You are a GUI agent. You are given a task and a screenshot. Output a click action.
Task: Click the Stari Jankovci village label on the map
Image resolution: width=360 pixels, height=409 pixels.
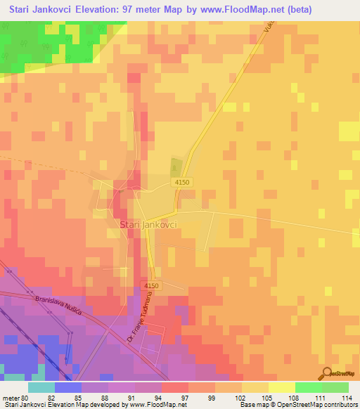point(148,224)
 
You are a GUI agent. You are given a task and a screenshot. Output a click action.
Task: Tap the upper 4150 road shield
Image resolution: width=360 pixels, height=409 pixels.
point(182,183)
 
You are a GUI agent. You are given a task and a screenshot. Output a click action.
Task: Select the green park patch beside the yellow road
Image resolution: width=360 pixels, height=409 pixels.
point(175,167)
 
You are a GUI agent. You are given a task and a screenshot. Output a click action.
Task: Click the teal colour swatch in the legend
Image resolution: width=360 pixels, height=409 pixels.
point(41,387)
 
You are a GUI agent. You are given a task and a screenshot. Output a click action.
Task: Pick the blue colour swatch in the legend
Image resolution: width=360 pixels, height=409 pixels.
point(67,387)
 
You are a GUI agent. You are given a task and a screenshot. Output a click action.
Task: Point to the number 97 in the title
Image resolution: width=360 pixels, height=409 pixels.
point(132,9)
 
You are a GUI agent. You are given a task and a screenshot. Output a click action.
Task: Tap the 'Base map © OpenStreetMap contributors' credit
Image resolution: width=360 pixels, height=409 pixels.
point(297,405)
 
